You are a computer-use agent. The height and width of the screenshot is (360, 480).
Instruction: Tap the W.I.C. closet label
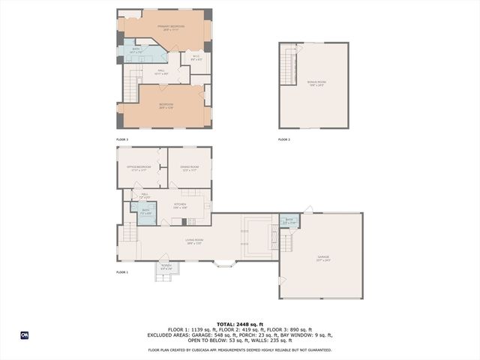(196, 58)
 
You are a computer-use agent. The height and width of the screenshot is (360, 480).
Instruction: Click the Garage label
(322, 259)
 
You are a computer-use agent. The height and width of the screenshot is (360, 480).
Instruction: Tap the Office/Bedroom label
(138, 168)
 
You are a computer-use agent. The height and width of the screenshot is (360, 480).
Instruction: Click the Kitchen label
(180, 205)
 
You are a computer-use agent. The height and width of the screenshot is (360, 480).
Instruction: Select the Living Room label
(195, 241)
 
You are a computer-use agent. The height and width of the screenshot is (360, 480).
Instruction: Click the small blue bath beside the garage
(289, 221)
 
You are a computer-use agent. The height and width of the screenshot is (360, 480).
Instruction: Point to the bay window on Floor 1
(223, 264)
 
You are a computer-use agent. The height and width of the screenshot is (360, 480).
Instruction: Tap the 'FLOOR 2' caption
(284, 140)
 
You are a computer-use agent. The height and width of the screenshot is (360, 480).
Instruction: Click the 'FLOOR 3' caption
(122, 140)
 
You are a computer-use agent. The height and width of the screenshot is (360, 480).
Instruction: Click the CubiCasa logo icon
(25, 335)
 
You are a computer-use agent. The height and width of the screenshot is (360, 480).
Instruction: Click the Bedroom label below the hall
(166, 106)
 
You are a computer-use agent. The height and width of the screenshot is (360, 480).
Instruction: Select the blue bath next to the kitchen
(146, 212)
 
